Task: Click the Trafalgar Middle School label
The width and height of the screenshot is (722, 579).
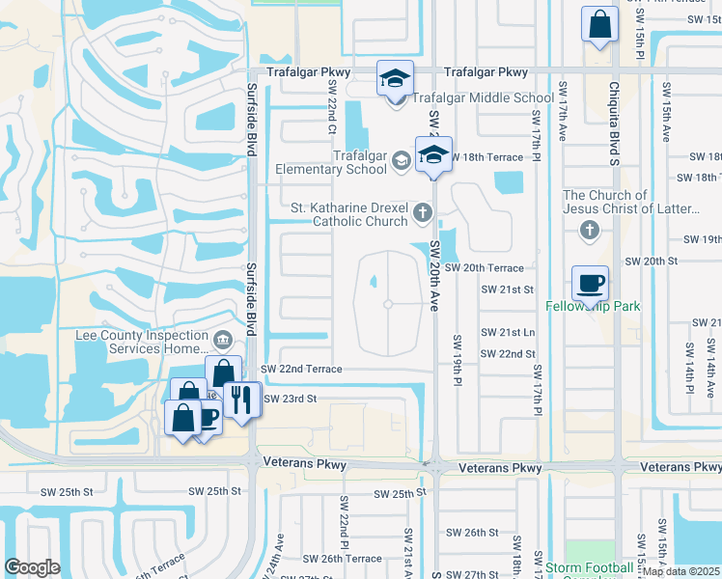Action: (484, 97)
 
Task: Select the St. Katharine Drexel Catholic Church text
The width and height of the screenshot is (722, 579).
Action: (348, 214)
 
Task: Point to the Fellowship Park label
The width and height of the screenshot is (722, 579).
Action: (593, 307)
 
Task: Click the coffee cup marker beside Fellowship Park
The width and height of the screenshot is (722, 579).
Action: (590, 283)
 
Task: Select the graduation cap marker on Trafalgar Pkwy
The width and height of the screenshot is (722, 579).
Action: (394, 77)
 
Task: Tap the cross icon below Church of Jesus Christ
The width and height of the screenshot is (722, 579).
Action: (589, 230)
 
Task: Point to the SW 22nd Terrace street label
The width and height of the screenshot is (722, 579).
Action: (301, 369)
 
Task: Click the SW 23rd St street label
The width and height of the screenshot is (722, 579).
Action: (291, 399)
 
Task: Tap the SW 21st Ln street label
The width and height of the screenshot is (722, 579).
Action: (509, 332)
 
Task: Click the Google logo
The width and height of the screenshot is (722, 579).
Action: (32, 567)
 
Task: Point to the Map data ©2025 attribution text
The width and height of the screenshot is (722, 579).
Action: (680, 571)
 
